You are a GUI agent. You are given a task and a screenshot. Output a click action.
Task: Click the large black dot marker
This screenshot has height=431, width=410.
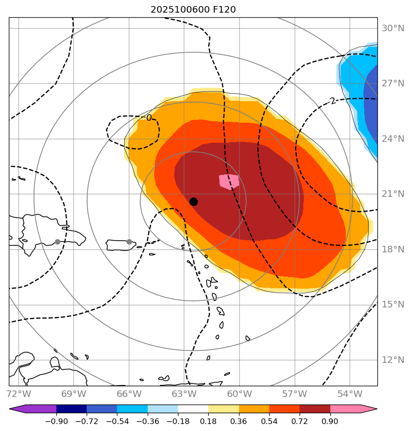[x=193, y=202]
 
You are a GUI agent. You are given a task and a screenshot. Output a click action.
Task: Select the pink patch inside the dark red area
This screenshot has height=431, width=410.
[x=229, y=181]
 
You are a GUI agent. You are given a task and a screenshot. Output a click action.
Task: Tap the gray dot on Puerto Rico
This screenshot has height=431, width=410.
[x=129, y=242]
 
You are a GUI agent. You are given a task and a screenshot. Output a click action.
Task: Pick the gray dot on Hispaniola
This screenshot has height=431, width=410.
[x=57, y=242]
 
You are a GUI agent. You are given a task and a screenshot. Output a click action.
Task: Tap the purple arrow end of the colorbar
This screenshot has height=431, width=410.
[x=17, y=409]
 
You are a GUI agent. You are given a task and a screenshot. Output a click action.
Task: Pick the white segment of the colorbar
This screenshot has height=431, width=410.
[x=193, y=409]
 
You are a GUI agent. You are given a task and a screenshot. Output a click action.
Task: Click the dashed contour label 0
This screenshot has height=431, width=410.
[x=149, y=118]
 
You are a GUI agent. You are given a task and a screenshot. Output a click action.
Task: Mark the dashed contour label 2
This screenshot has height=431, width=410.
[x=332, y=101]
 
